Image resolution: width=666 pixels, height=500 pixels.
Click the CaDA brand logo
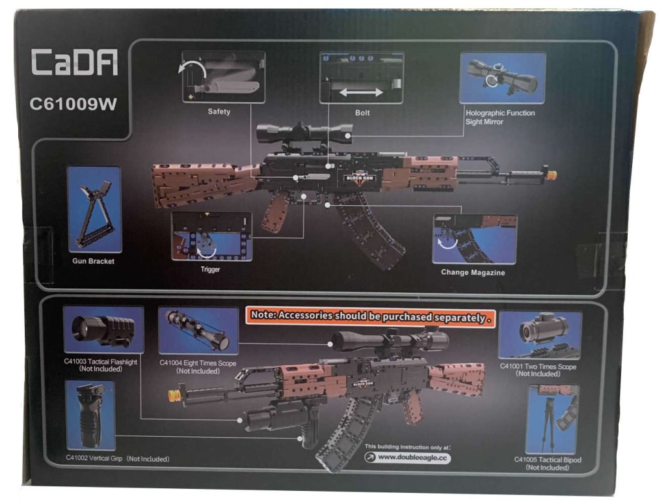[75, 64]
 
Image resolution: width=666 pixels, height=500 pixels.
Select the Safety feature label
[219, 111]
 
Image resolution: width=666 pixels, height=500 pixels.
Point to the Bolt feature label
[362, 112]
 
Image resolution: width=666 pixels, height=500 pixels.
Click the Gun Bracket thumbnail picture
[94, 209]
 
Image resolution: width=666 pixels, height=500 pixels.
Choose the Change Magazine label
[473, 272]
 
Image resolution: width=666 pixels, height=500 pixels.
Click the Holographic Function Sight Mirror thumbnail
[502, 78]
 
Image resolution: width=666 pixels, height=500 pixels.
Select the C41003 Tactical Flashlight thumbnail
[103, 331]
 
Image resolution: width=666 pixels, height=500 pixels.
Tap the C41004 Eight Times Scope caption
[198, 363]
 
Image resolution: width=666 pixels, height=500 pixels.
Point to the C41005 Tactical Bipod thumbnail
[552, 419]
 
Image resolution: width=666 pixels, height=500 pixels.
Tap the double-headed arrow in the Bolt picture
[361, 92]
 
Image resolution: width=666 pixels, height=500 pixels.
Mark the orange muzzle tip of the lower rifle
[174, 395]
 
